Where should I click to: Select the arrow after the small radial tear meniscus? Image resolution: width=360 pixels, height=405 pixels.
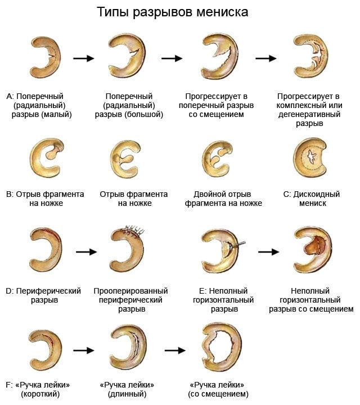(84, 58)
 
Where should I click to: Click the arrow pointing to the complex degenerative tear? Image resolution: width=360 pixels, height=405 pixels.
(266, 58)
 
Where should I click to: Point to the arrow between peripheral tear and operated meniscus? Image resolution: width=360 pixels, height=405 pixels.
(86, 251)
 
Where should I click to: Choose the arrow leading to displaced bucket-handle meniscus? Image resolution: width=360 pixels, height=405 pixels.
(175, 350)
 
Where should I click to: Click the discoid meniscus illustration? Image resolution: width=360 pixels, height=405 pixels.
(310, 158)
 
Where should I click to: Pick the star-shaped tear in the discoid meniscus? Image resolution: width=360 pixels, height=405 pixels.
(312, 156)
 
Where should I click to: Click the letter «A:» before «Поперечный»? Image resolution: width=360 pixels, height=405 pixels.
(10, 96)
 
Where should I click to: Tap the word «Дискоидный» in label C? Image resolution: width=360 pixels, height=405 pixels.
(316, 194)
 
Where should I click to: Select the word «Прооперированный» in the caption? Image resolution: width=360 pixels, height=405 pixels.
(130, 291)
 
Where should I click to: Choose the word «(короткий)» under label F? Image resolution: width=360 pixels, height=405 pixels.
(40, 394)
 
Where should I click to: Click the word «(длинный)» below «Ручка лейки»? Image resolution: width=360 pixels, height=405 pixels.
(127, 394)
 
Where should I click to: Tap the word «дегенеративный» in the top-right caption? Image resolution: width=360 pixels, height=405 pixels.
(309, 114)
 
